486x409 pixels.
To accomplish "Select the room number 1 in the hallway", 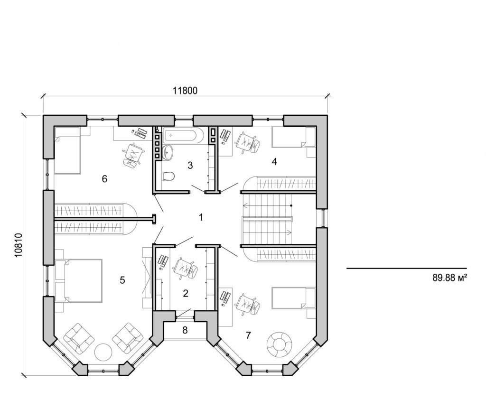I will pyautogui.click(x=201, y=218).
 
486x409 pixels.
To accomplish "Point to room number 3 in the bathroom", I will pyautogui.click(x=190, y=166).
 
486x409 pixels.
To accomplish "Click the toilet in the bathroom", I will pyautogui.click(x=168, y=177).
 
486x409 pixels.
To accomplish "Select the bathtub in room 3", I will pyautogui.click(x=183, y=136).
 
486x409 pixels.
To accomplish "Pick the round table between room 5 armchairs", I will pyautogui.click(x=103, y=352).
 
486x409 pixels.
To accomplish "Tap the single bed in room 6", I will pyautogui.click(x=67, y=149).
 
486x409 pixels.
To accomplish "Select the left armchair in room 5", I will pyautogui.click(x=78, y=337).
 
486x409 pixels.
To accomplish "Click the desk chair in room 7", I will pyautogui.click(x=247, y=304).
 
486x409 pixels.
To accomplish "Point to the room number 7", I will pyautogui.click(x=248, y=335).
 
